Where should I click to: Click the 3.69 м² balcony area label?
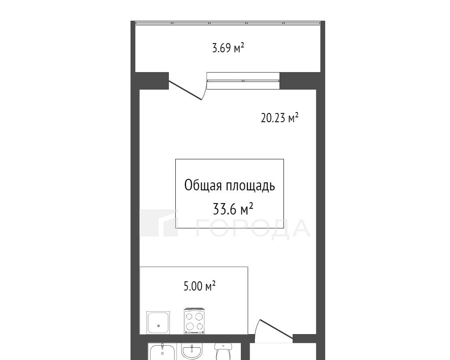coord(228,48)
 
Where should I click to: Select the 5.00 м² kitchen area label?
coord(200,286)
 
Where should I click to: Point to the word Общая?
coord(203,186)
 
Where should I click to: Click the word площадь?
coord(250,186)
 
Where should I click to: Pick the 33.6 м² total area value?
coord(233,209)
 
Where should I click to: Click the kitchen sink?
coord(158,323)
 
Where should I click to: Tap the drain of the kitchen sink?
coord(158,326)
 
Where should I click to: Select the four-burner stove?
coord(194,321)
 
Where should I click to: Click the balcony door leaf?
coord(185,90)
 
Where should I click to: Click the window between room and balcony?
coord(243,81)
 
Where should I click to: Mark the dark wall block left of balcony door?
coord(152,81)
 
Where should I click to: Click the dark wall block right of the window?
coord(300,81)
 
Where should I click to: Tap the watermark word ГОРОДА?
coord(253,229)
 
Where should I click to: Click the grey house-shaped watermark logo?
coord(159,223)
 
